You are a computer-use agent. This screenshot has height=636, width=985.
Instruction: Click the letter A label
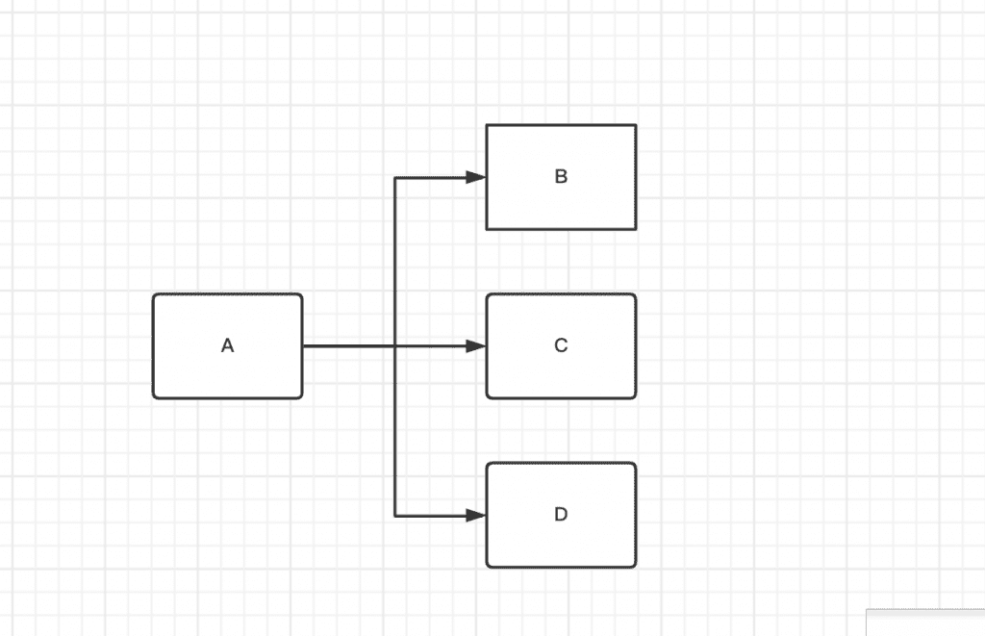point(227,345)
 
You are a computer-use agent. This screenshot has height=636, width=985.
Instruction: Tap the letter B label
point(561,177)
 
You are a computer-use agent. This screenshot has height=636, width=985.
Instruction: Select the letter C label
point(561,345)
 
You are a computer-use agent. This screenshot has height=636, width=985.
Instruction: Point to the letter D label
point(561,515)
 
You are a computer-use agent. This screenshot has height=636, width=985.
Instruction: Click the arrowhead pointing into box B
point(475,177)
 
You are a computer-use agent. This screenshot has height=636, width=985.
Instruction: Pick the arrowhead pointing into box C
point(475,346)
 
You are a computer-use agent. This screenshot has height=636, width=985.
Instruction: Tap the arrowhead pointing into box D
point(475,516)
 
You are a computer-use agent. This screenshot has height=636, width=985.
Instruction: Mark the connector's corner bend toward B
point(395,178)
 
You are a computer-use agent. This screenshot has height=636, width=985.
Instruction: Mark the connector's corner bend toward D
point(395,516)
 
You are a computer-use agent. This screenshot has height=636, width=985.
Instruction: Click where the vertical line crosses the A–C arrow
point(395,346)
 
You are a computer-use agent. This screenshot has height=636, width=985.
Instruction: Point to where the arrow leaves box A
point(303,346)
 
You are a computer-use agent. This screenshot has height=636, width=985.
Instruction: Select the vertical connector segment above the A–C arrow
point(395,262)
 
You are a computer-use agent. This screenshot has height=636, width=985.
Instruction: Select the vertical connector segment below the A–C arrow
point(395,431)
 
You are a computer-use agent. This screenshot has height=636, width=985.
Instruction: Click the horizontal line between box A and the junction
point(349,346)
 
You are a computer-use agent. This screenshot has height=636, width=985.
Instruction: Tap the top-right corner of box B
point(636,125)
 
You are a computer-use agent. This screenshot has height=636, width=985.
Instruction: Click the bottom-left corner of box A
point(153,397)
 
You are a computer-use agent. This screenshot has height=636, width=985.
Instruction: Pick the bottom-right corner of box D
point(636,567)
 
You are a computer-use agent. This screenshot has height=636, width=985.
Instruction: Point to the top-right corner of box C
point(636,294)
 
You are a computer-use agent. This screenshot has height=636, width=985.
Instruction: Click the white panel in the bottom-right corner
point(925,623)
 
